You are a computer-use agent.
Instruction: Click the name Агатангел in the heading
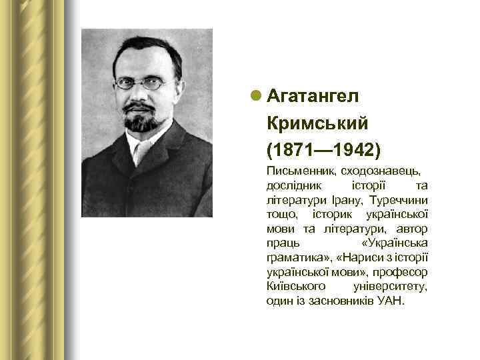tap(313, 96)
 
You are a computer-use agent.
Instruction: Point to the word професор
tap(403, 272)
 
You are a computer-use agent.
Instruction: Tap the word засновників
tap(335, 301)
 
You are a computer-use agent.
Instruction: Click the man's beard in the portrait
tap(141, 123)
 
